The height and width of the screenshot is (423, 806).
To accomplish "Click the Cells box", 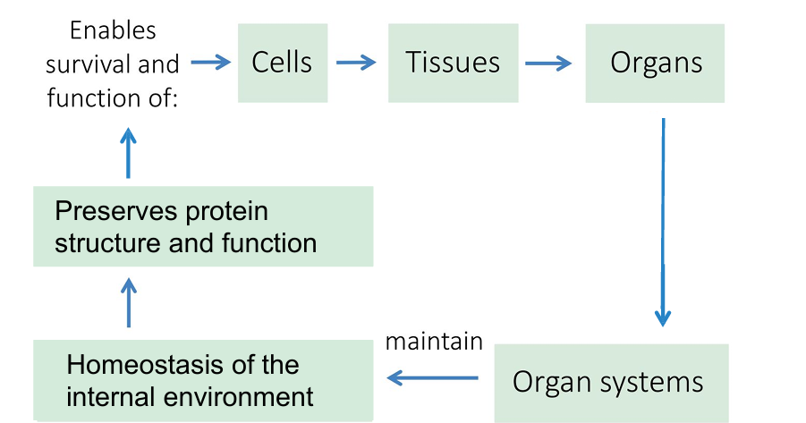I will [282, 63].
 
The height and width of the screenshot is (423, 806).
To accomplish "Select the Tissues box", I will [453, 63].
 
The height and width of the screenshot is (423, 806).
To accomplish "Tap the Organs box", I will [655, 63].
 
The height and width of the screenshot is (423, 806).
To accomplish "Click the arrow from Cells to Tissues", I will [356, 63].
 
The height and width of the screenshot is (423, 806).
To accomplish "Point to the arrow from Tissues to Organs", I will [547, 63].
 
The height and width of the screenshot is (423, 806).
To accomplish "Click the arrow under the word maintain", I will [433, 379].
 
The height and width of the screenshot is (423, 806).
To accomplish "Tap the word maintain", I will [434, 342].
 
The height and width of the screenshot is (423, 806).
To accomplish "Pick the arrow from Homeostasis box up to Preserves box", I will [129, 301].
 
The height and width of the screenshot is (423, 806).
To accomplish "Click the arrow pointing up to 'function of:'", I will [129, 151].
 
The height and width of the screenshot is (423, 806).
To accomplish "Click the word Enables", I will [113, 30].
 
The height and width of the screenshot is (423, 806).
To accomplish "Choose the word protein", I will [223, 212].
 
